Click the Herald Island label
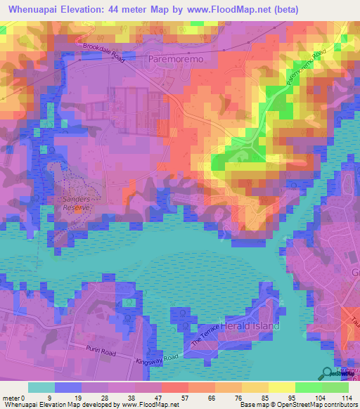(251, 326)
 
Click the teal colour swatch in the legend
(41, 387)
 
